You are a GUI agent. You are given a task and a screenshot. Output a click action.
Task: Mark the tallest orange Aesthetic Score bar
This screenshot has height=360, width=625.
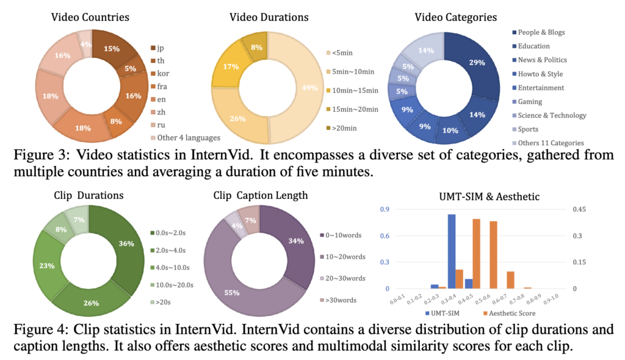click(x=476, y=253)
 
